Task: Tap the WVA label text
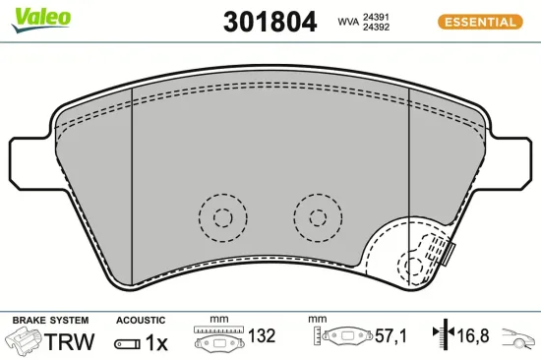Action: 347,22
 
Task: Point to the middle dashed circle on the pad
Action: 318,216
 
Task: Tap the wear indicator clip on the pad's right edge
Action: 447,254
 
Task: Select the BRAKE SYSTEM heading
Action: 50,321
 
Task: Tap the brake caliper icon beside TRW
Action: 25,341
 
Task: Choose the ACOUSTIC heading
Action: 140,321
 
